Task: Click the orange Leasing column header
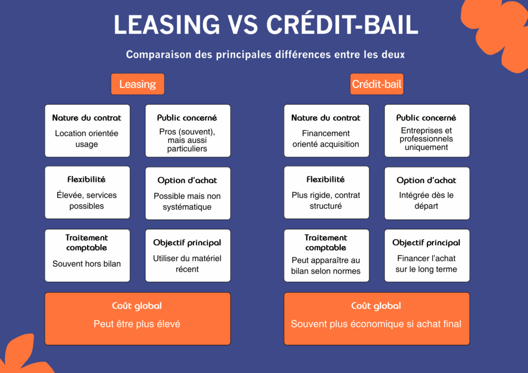(x=137, y=84)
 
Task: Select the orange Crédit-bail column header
(x=376, y=84)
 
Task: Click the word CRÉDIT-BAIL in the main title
(x=342, y=25)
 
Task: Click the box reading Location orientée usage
(x=87, y=131)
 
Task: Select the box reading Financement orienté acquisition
(x=326, y=131)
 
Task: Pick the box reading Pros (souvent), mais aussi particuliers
(x=188, y=131)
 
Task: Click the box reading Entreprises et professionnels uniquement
(x=426, y=131)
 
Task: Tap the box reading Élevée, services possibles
(x=87, y=193)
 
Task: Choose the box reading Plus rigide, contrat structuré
(x=326, y=193)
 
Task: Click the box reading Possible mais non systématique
(x=188, y=193)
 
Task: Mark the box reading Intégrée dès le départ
(x=426, y=193)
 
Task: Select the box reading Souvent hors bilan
(x=87, y=256)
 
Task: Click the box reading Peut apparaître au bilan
(x=326, y=256)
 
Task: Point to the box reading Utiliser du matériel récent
(x=188, y=256)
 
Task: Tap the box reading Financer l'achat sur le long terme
(x=426, y=256)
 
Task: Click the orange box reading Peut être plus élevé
(x=137, y=318)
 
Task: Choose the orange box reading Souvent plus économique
(x=376, y=318)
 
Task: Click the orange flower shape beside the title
(x=498, y=31)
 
